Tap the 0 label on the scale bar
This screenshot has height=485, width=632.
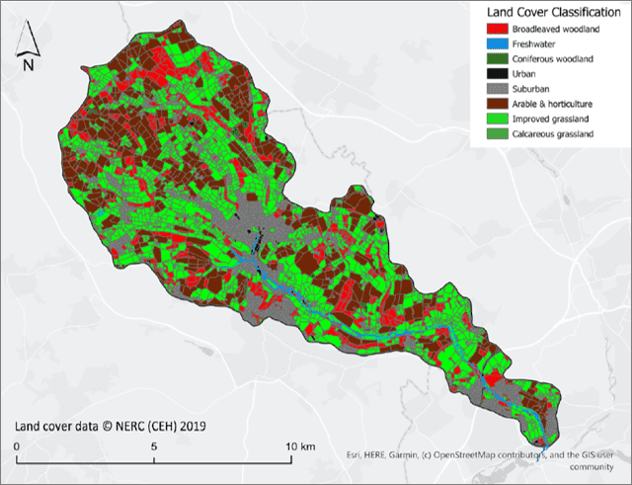(17, 445)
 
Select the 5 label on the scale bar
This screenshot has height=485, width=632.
(154, 445)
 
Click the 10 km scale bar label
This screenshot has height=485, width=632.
(298, 445)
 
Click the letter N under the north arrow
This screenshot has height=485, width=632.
(29, 65)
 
